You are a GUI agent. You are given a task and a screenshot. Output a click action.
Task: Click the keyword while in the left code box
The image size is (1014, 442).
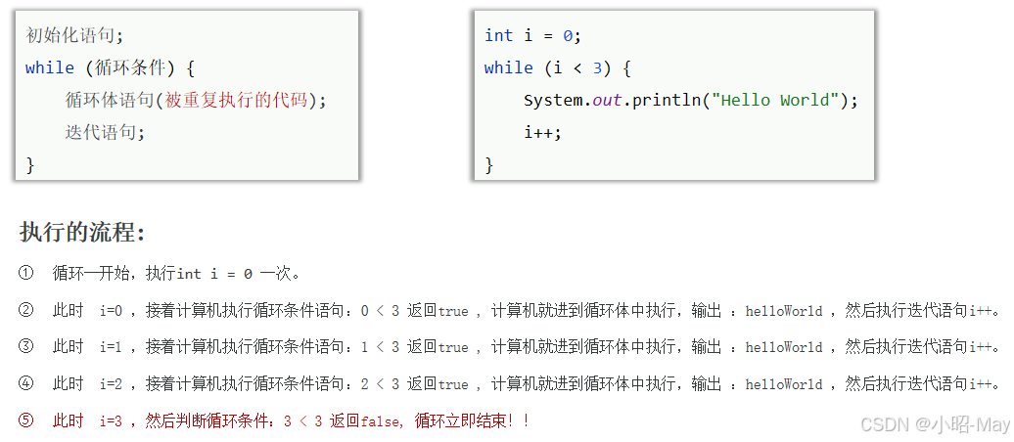pyautogui.click(x=50, y=67)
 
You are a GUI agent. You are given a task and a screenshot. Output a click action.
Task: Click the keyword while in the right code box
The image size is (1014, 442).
pyautogui.click(x=508, y=67)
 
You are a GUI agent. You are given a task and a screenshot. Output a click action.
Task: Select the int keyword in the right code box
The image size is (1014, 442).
pyautogui.click(x=498, y=35)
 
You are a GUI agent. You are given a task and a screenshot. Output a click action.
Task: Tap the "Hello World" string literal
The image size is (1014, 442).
pyautogui.click(x=776, y=100)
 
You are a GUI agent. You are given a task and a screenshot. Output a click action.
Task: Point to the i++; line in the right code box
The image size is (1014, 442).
pyautogui.click(x=542, y=132)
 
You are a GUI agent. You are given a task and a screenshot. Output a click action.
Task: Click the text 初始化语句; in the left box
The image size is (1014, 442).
pyautogui.click(x=74, y=35)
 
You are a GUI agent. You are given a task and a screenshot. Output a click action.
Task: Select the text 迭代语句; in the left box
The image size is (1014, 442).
pyautogui.click(x=105, y=132)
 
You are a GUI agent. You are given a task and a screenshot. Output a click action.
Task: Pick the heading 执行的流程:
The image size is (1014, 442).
pyautogui.click(x=82, y=233)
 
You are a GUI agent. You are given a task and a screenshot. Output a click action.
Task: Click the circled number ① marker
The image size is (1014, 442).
pyautogui.click(x=25, y=273)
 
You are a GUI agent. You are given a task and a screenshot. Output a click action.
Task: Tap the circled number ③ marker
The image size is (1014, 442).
pyautogui.click(x=25, y=346)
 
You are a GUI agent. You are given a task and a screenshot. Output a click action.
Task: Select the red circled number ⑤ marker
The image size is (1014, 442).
pyautogui.click(x=25, y=420)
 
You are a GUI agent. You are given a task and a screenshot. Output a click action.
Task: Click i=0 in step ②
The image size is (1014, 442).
pyautogui.click(x=111, y=311)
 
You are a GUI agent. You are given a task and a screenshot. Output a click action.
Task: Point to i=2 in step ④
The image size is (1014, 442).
pyautogui.click(x=111, y=383)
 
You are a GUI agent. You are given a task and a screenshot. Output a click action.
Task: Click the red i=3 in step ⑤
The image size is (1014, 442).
pyautogui.click(x=111, y=421)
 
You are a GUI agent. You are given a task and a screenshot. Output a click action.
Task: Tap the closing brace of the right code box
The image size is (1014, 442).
pyautogui.click(x=489, y=164)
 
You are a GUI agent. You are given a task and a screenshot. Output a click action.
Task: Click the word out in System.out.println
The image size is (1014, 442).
pyautogui.click(x=607, y=100)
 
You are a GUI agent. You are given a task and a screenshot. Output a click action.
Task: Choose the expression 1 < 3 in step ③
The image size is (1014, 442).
pyautogui.click(x=380, y=347)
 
